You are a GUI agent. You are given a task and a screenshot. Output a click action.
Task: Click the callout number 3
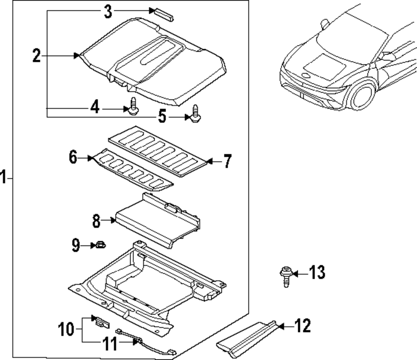(x=108, y=11)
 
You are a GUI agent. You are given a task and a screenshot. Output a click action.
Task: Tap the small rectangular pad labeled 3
(x=164, y=13)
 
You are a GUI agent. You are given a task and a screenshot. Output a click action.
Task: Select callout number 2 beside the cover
(x=37, y=55)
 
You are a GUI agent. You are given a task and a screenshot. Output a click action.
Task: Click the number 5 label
(x=162, y=116)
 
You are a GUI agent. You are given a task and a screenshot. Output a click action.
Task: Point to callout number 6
(x=73, y=158)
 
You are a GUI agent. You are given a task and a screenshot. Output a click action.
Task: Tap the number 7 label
(x=227, y=161)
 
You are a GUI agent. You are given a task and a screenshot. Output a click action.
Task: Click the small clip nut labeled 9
(x=100, y=245)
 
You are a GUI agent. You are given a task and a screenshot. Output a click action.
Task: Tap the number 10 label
(x=66, y=330)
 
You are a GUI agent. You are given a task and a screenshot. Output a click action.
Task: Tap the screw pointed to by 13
(x=286, y=276)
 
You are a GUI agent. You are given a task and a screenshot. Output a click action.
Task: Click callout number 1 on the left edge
(x=3, y=178)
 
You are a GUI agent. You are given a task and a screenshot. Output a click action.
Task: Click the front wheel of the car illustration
(x=361, y=97)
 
